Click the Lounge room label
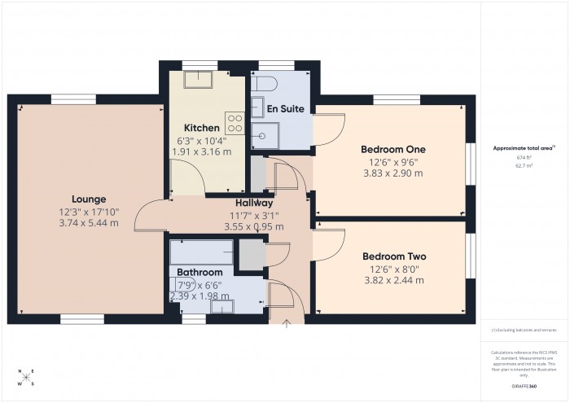point(89,199)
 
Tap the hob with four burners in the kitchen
point(235,123)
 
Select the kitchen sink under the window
point(197,79)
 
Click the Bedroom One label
point(392,150)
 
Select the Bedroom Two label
point(394,256)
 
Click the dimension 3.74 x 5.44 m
point(89,222)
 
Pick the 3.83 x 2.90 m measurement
point(392,173)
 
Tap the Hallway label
point(254,203)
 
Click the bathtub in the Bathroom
point(202,251)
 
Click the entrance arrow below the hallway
point(286,326)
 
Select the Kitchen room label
point(201,128)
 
